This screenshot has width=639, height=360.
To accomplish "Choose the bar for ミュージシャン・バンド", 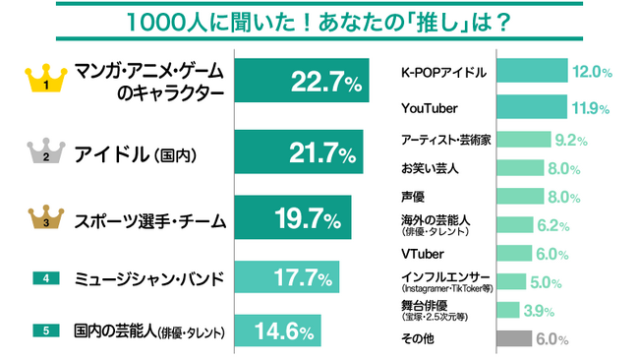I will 286,278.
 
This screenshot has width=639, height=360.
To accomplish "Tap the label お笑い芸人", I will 431,169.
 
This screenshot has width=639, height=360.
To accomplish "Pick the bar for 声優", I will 520,197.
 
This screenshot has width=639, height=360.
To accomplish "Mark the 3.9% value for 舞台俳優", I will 541,311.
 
